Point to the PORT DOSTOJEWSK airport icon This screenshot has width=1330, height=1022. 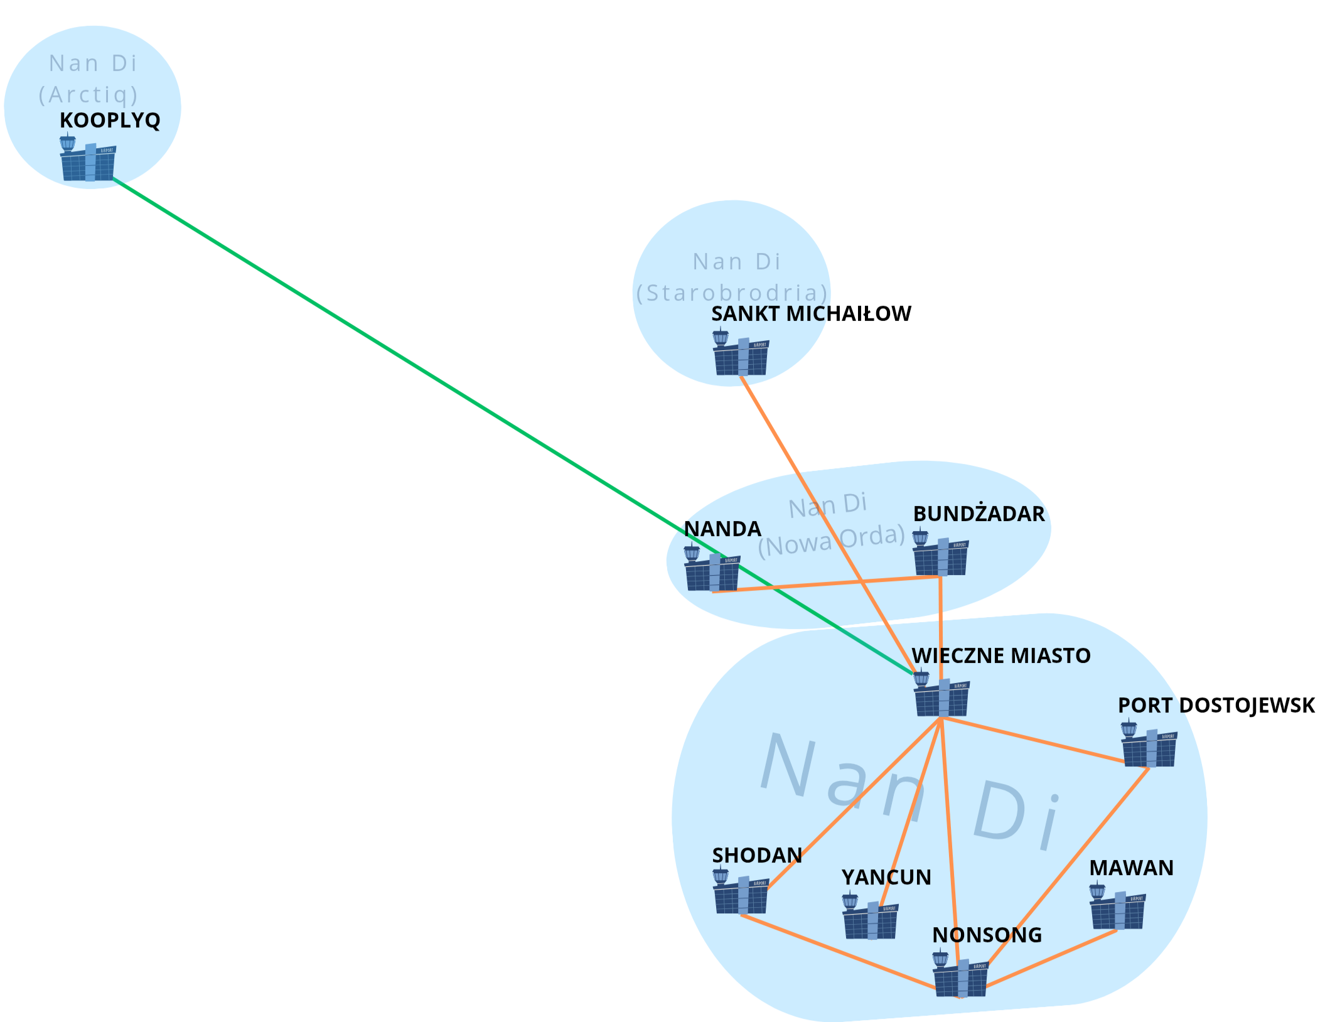tap(1149, 746)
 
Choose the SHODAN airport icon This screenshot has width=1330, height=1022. tap(741, 893)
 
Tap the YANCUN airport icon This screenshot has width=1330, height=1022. tap(870, 918)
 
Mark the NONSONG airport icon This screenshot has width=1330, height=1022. tap(960, 976)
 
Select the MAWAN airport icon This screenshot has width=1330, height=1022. tap(1117, 908)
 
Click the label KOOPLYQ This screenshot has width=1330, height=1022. tap(110, 120)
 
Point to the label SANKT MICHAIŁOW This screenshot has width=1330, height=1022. tap(811, 313)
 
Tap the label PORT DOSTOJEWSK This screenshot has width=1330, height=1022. tap(1216, 705)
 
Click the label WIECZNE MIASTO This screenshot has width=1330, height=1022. tap(1000, 655)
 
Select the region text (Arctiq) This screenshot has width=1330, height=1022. tap(88, 95)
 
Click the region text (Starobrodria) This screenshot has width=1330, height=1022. tap(732, 293)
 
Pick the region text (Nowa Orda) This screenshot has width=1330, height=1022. tap(831, 541)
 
